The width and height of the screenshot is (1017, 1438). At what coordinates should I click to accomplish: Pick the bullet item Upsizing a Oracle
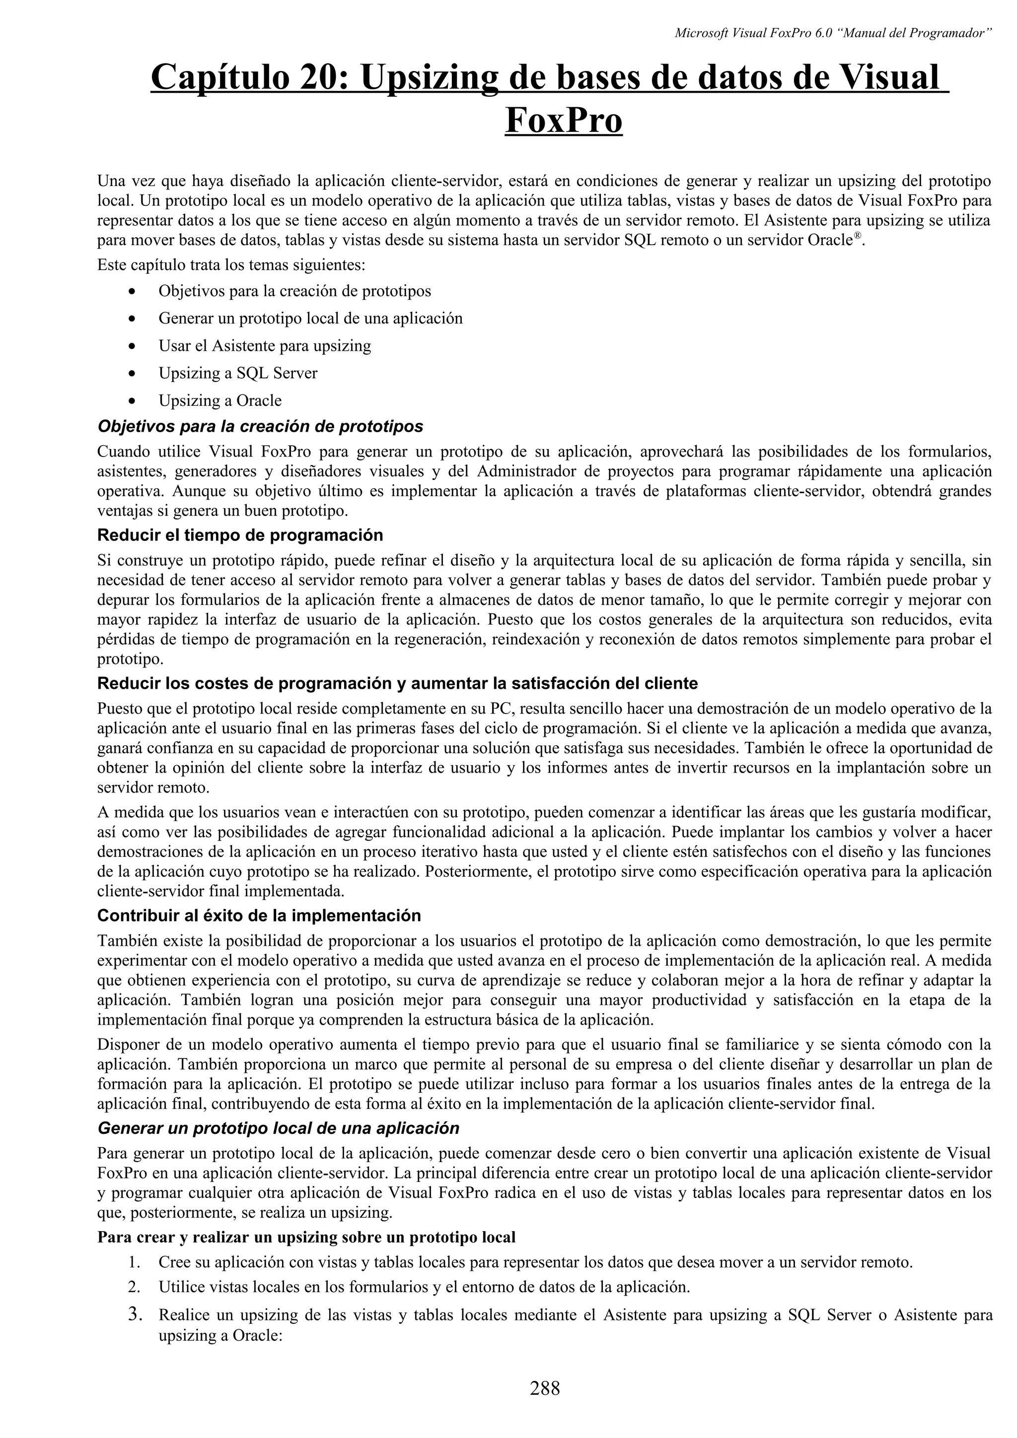click(x=219, y=400)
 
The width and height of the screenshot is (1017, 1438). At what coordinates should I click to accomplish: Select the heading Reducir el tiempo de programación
click(x=240, y=535)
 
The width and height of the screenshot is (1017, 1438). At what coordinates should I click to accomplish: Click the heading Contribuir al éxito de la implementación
click(x=259, y=915)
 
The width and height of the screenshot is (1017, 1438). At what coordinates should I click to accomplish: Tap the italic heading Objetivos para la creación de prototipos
click(x=260, y=427)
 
